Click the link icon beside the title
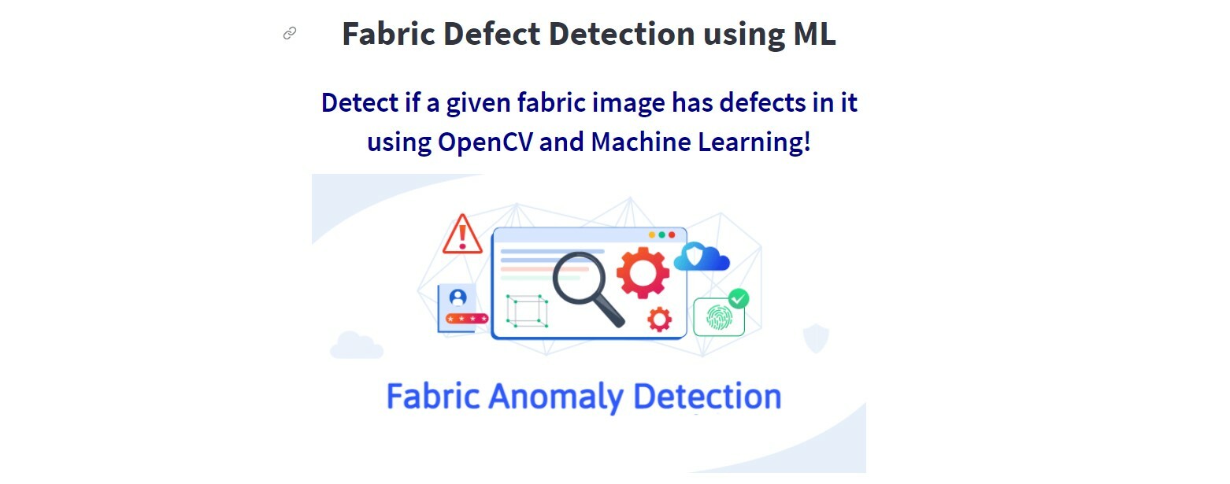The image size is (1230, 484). coord(290,33)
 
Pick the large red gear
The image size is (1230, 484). coord(643,272)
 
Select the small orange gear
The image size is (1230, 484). coord(659,319)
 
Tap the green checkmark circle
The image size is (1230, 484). coord(739,299)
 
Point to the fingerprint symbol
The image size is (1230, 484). coord(717,317)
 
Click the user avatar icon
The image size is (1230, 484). coord(458,297)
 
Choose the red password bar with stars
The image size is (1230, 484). coord(466,319)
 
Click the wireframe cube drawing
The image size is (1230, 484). coord(526,310)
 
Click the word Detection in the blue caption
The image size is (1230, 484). coord(706,396)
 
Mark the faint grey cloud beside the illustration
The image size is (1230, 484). coord(355,345)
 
